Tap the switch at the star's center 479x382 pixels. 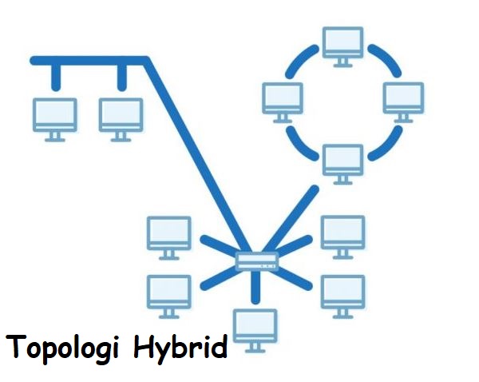[256, 261]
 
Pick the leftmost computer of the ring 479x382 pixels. [283, 99]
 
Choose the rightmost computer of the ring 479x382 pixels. [403, 99]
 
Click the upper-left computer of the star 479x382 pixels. [169, 234]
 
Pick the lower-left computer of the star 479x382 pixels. [169, 292]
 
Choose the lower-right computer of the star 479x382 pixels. [342, 292]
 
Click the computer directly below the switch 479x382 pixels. [255, 327]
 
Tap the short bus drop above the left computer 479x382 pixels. [55, 76]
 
